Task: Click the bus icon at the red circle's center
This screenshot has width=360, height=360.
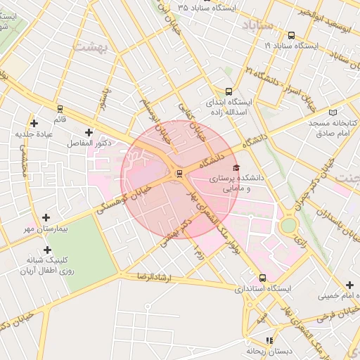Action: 179,173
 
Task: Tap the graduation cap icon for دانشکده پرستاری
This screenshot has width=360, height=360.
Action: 236,167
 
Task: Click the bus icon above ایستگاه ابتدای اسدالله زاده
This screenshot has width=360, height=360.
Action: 229,91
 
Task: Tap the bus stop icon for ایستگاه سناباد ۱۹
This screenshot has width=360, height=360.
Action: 291,35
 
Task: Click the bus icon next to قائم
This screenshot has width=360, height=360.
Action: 59,109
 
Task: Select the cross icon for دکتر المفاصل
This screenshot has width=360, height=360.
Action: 89,132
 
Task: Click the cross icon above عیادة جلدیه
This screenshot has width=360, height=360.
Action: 34,123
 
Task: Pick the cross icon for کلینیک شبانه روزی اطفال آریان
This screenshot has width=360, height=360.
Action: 47,250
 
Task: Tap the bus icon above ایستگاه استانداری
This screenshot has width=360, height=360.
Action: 262,278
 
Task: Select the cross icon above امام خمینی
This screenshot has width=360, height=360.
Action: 349,285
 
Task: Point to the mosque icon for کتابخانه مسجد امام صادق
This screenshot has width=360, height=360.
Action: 333,111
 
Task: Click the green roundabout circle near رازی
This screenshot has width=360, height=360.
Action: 288,226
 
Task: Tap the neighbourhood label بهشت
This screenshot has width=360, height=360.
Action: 91,46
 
